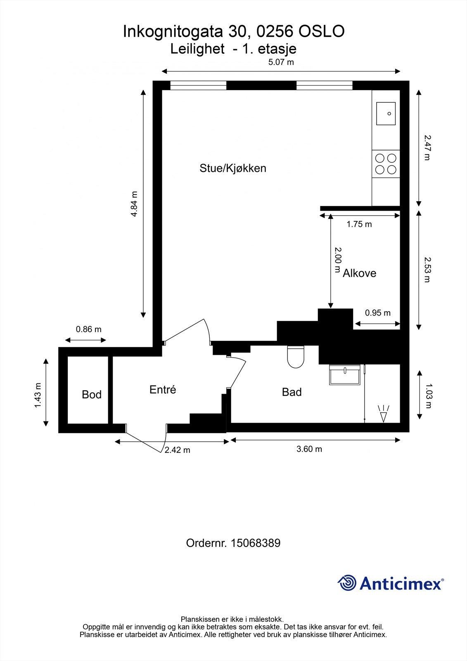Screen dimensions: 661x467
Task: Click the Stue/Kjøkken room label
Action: coord(233,168)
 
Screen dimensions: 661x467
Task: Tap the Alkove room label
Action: coord(359,273)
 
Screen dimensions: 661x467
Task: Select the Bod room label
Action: coord(92,395)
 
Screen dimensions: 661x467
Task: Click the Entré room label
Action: coord(163,390)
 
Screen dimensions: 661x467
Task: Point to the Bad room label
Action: coord(292,392)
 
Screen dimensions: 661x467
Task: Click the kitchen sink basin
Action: coord(386,114)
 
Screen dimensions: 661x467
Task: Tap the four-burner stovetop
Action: coord(386,164)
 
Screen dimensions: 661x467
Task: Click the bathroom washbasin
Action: coord(345,375)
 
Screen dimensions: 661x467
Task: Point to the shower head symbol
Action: coord(384,414)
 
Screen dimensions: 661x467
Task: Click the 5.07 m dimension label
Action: coord(281,62)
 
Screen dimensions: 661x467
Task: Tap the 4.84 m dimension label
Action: coord(134,204)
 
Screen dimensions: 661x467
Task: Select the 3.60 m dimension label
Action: coord(309,449)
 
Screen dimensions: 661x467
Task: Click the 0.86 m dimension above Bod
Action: coord(88,329)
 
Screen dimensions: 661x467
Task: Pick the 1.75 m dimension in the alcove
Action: coord(359,224)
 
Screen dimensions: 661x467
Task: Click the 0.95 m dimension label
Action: coord(377,313)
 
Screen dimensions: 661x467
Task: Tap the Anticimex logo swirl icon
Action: coord(347,583)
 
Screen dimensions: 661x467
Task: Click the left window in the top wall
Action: coord(198,86)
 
